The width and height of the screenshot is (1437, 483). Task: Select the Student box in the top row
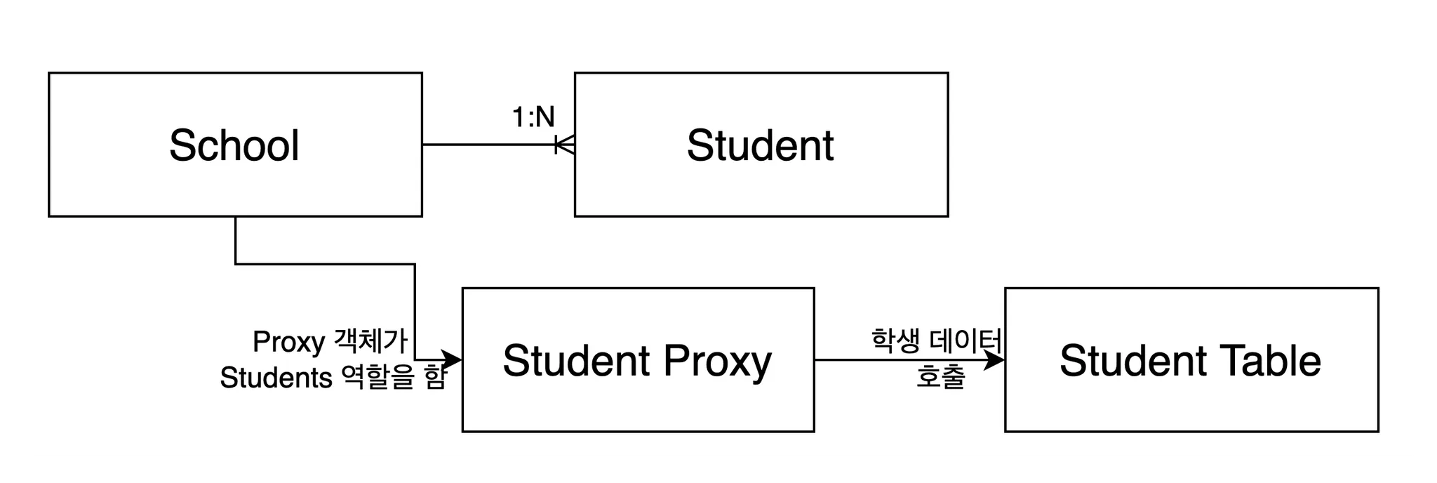761,183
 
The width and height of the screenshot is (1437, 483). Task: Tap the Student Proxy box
637,400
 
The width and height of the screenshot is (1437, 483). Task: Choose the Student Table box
1191,400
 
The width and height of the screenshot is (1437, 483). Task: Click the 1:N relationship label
533,117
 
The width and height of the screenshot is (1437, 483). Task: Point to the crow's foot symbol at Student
566,145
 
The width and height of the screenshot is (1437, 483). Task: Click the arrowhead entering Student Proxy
453,360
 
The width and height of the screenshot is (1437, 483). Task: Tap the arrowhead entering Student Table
996,360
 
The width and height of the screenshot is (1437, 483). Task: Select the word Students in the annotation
276,378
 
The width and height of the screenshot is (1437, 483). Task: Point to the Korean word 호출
940,377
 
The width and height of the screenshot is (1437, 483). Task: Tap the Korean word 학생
895,340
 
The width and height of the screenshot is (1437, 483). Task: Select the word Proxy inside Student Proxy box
716,361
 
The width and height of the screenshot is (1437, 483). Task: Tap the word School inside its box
234,145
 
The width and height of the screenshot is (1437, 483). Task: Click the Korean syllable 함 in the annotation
435,378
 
